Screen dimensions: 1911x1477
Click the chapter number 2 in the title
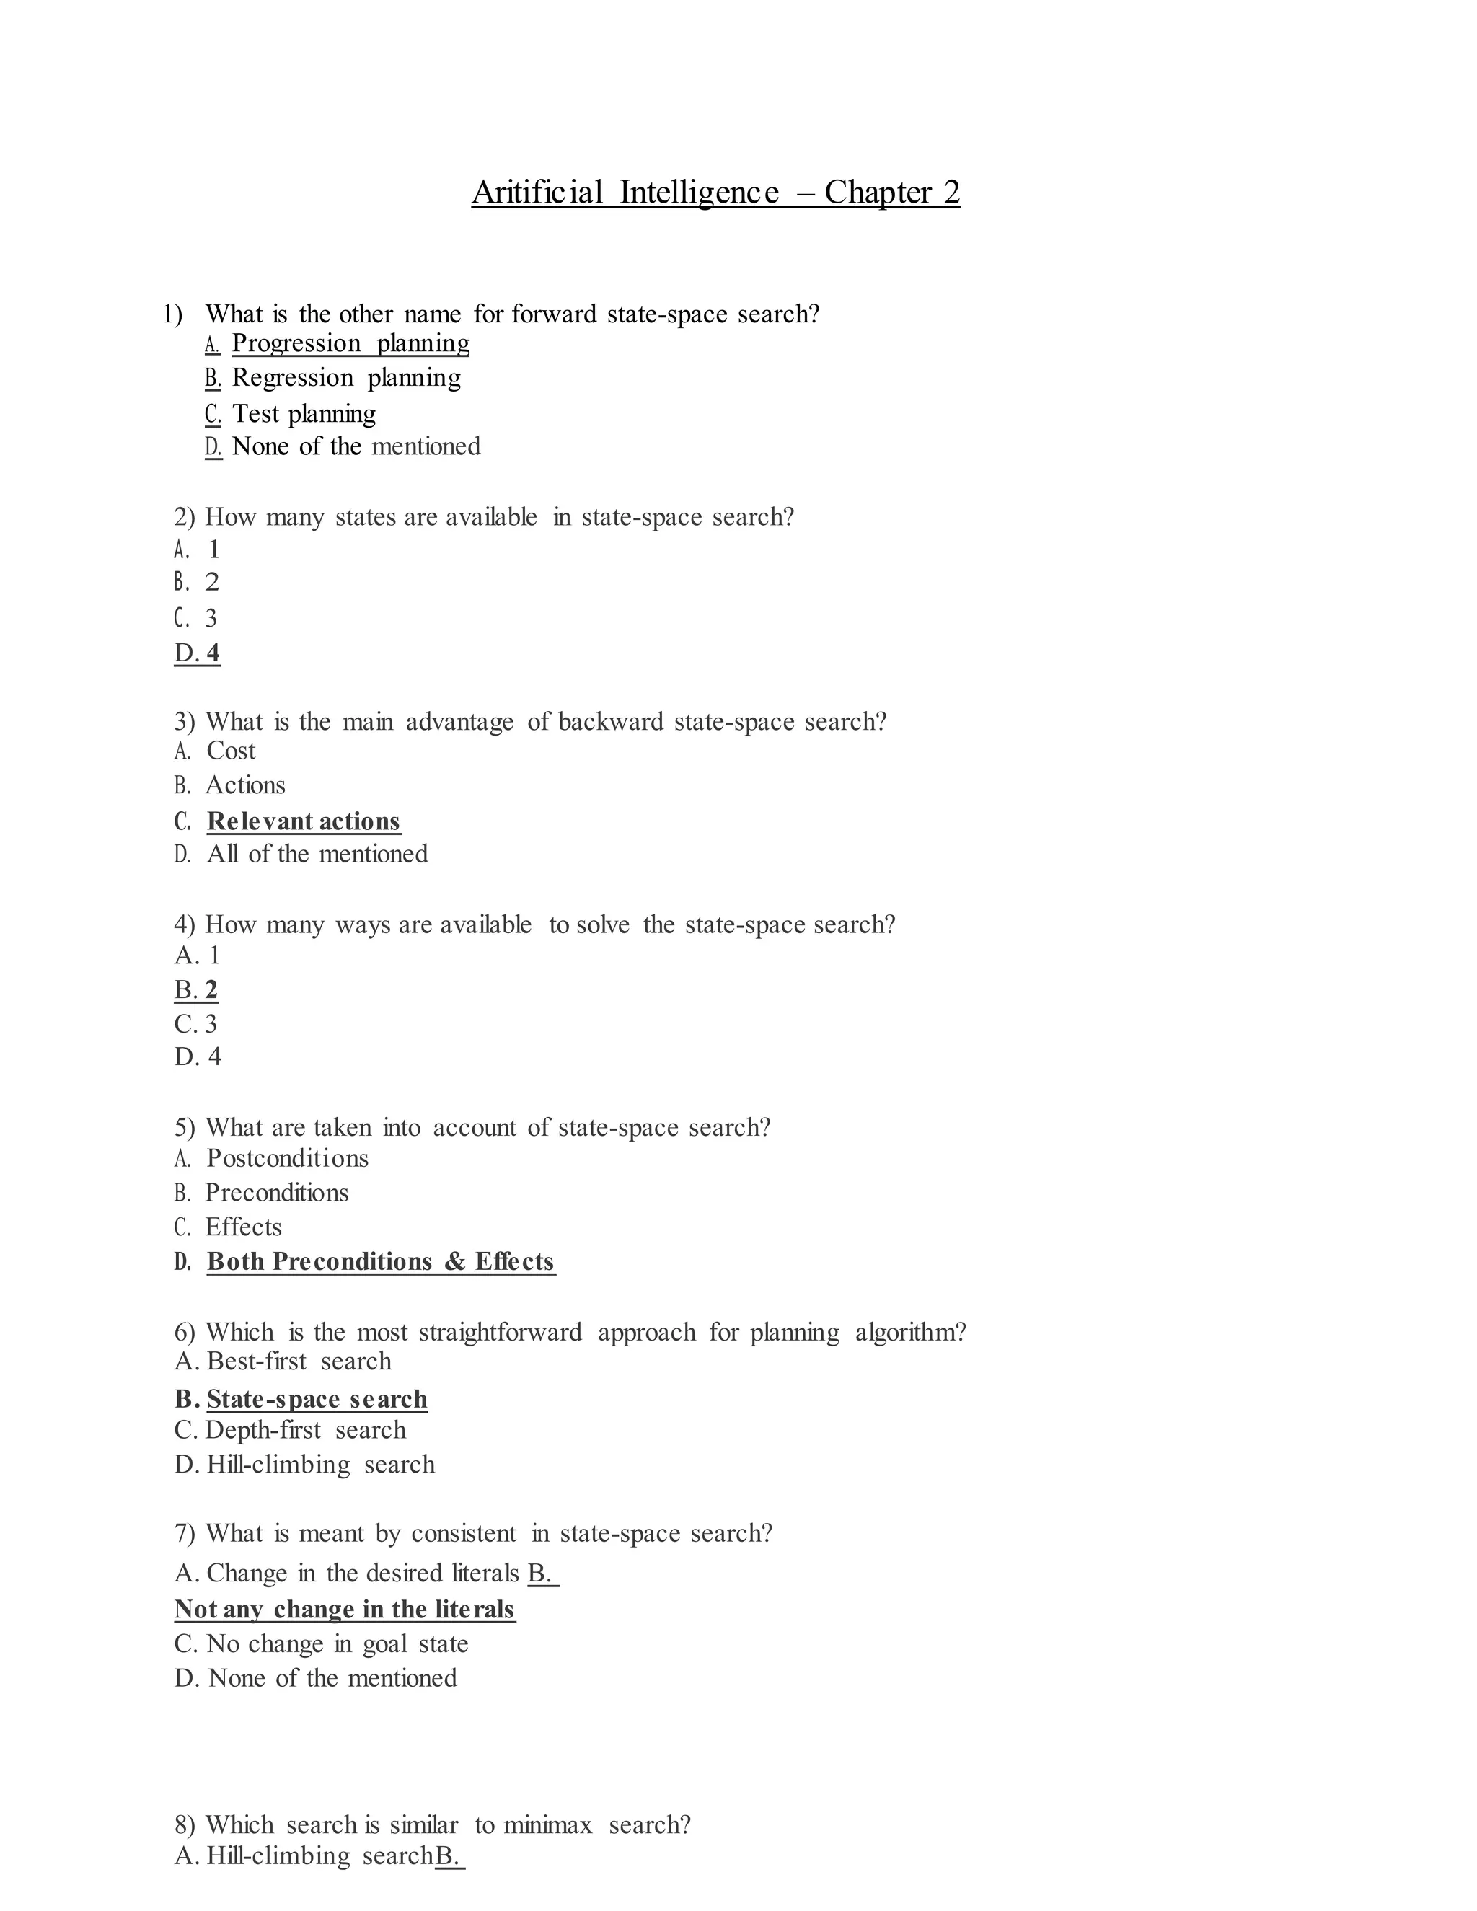(951, 193)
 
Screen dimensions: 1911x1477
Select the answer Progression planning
(350, 343)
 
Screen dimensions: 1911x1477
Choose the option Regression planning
(345, 378)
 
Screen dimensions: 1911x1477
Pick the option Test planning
(304, 413)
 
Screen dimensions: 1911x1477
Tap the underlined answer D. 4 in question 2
(198, 653)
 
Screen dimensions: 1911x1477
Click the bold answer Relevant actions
(304, 821)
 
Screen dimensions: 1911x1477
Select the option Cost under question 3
(231, 751)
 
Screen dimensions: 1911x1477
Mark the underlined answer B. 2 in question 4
(196, 989)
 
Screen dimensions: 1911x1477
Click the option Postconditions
(287, 1159)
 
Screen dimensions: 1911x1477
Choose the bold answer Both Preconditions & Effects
(381, 1262)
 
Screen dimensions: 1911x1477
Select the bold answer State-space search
(317, 1399)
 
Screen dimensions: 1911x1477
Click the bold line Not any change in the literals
(345, 1610)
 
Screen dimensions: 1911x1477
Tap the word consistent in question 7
(464, 1534)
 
